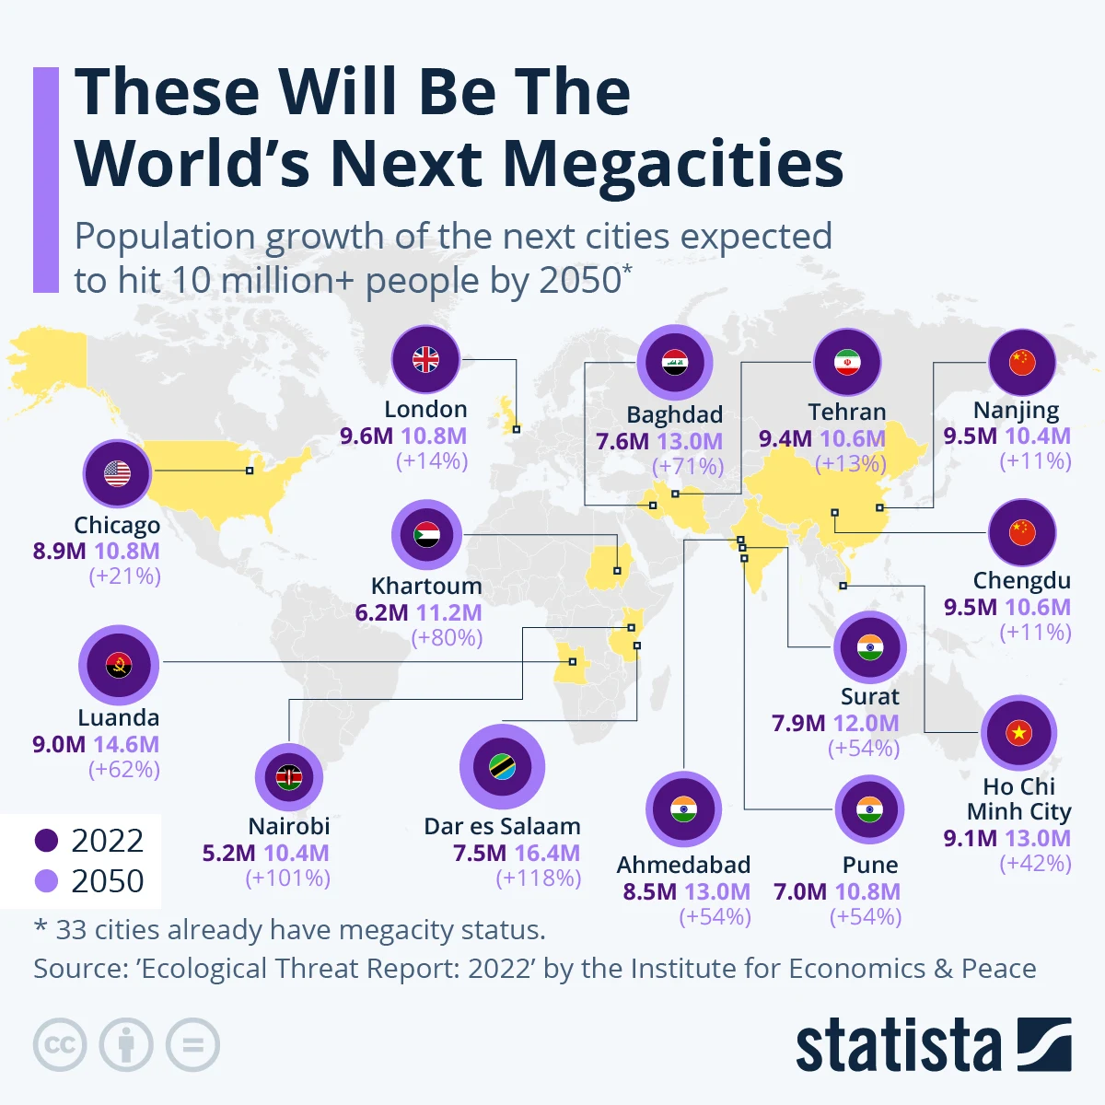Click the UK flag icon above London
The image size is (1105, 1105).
pos(425,360)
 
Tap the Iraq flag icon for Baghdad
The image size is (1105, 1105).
pos(675,363)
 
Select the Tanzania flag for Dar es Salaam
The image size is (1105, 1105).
pos(502,767)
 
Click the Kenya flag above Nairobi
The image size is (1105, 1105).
pos(289,777)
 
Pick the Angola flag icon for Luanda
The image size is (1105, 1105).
pos(119,665)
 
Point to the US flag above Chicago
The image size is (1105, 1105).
pos(117,473)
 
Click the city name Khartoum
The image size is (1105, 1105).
pos(426,587)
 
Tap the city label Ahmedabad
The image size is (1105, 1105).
pos(683,866)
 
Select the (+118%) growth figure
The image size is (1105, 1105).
pos(539,878)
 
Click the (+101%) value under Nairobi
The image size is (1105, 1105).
pos(288,878)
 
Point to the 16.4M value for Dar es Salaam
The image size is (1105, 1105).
pos(547,854)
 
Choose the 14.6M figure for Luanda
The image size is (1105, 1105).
pos(126,744)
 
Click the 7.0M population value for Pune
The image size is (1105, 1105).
pos(799,891)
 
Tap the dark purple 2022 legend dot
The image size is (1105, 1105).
pos(46,841)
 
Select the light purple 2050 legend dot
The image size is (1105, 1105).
pos(46,881)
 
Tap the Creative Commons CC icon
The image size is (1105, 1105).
pos(60,1045)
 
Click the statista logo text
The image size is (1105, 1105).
pos(898,1046)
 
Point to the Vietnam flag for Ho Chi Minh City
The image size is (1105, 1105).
pos(1018,733)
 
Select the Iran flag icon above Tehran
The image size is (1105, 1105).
pos(847,363)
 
